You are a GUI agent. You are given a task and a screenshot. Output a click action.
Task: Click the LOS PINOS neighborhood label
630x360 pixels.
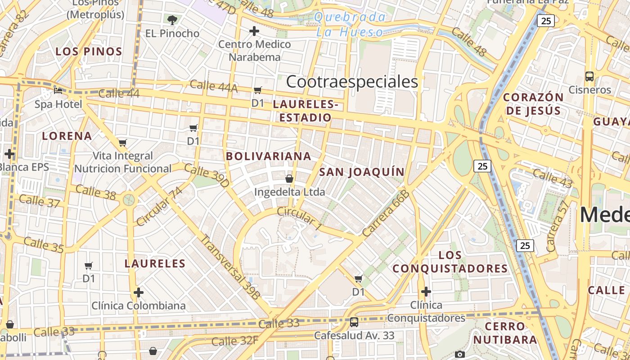pyautogui.click(x=89, y=51)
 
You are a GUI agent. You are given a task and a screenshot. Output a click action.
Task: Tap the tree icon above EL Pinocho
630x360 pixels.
pyautogui.click(x=172, y=20)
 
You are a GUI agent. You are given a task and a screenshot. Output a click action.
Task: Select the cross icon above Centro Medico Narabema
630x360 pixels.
pyautogui.click(x=254, y=31)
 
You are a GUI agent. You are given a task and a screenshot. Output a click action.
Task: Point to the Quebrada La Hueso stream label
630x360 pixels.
pyautogui.click(x=350, y=25)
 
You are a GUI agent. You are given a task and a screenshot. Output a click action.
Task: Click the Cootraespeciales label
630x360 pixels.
pyautogui.click(x=352, y=82)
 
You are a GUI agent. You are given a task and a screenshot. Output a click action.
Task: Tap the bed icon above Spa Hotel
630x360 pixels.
pyautogui.click(x=58, y=90)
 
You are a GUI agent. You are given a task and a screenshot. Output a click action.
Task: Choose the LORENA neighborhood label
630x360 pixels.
pyautogui.click(x=67, y=136)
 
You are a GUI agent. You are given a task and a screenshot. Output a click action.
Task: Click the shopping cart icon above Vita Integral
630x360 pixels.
pyautogui.click(x=122, y=143)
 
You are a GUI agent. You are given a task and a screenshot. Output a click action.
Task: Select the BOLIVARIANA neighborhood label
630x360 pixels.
pyautogui.click(x=269, y=156)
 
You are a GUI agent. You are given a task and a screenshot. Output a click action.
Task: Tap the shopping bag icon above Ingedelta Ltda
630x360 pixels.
pyautogui.click(x=289, y=179)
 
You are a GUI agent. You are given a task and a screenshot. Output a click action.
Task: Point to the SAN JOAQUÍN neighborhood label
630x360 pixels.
pyautogui.click(x=362, y=172)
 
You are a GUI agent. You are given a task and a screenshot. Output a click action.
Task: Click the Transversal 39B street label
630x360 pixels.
pyautogui.click(x=230, y=267)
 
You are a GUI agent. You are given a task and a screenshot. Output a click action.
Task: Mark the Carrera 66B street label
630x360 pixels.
pyautogui.click(x=386, y=213)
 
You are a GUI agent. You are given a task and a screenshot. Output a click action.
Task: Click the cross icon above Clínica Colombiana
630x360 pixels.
pyautogui.click(x=139, y=293)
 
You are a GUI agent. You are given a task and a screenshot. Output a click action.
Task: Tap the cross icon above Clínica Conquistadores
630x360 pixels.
pyautogui.click(x=426, y=292)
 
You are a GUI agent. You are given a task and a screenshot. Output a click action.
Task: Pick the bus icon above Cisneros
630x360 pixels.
pyautogui.click(x=589, y=76)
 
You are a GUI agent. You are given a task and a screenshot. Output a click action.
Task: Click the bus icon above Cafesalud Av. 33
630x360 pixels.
pyautogui.click(x=354, y=322)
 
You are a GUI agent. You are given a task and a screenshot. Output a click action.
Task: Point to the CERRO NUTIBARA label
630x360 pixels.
pyautogui.click(x=505, y=333)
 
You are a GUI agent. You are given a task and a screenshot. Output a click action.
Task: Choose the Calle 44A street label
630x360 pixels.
pyautogui.click(x=213, y=86)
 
